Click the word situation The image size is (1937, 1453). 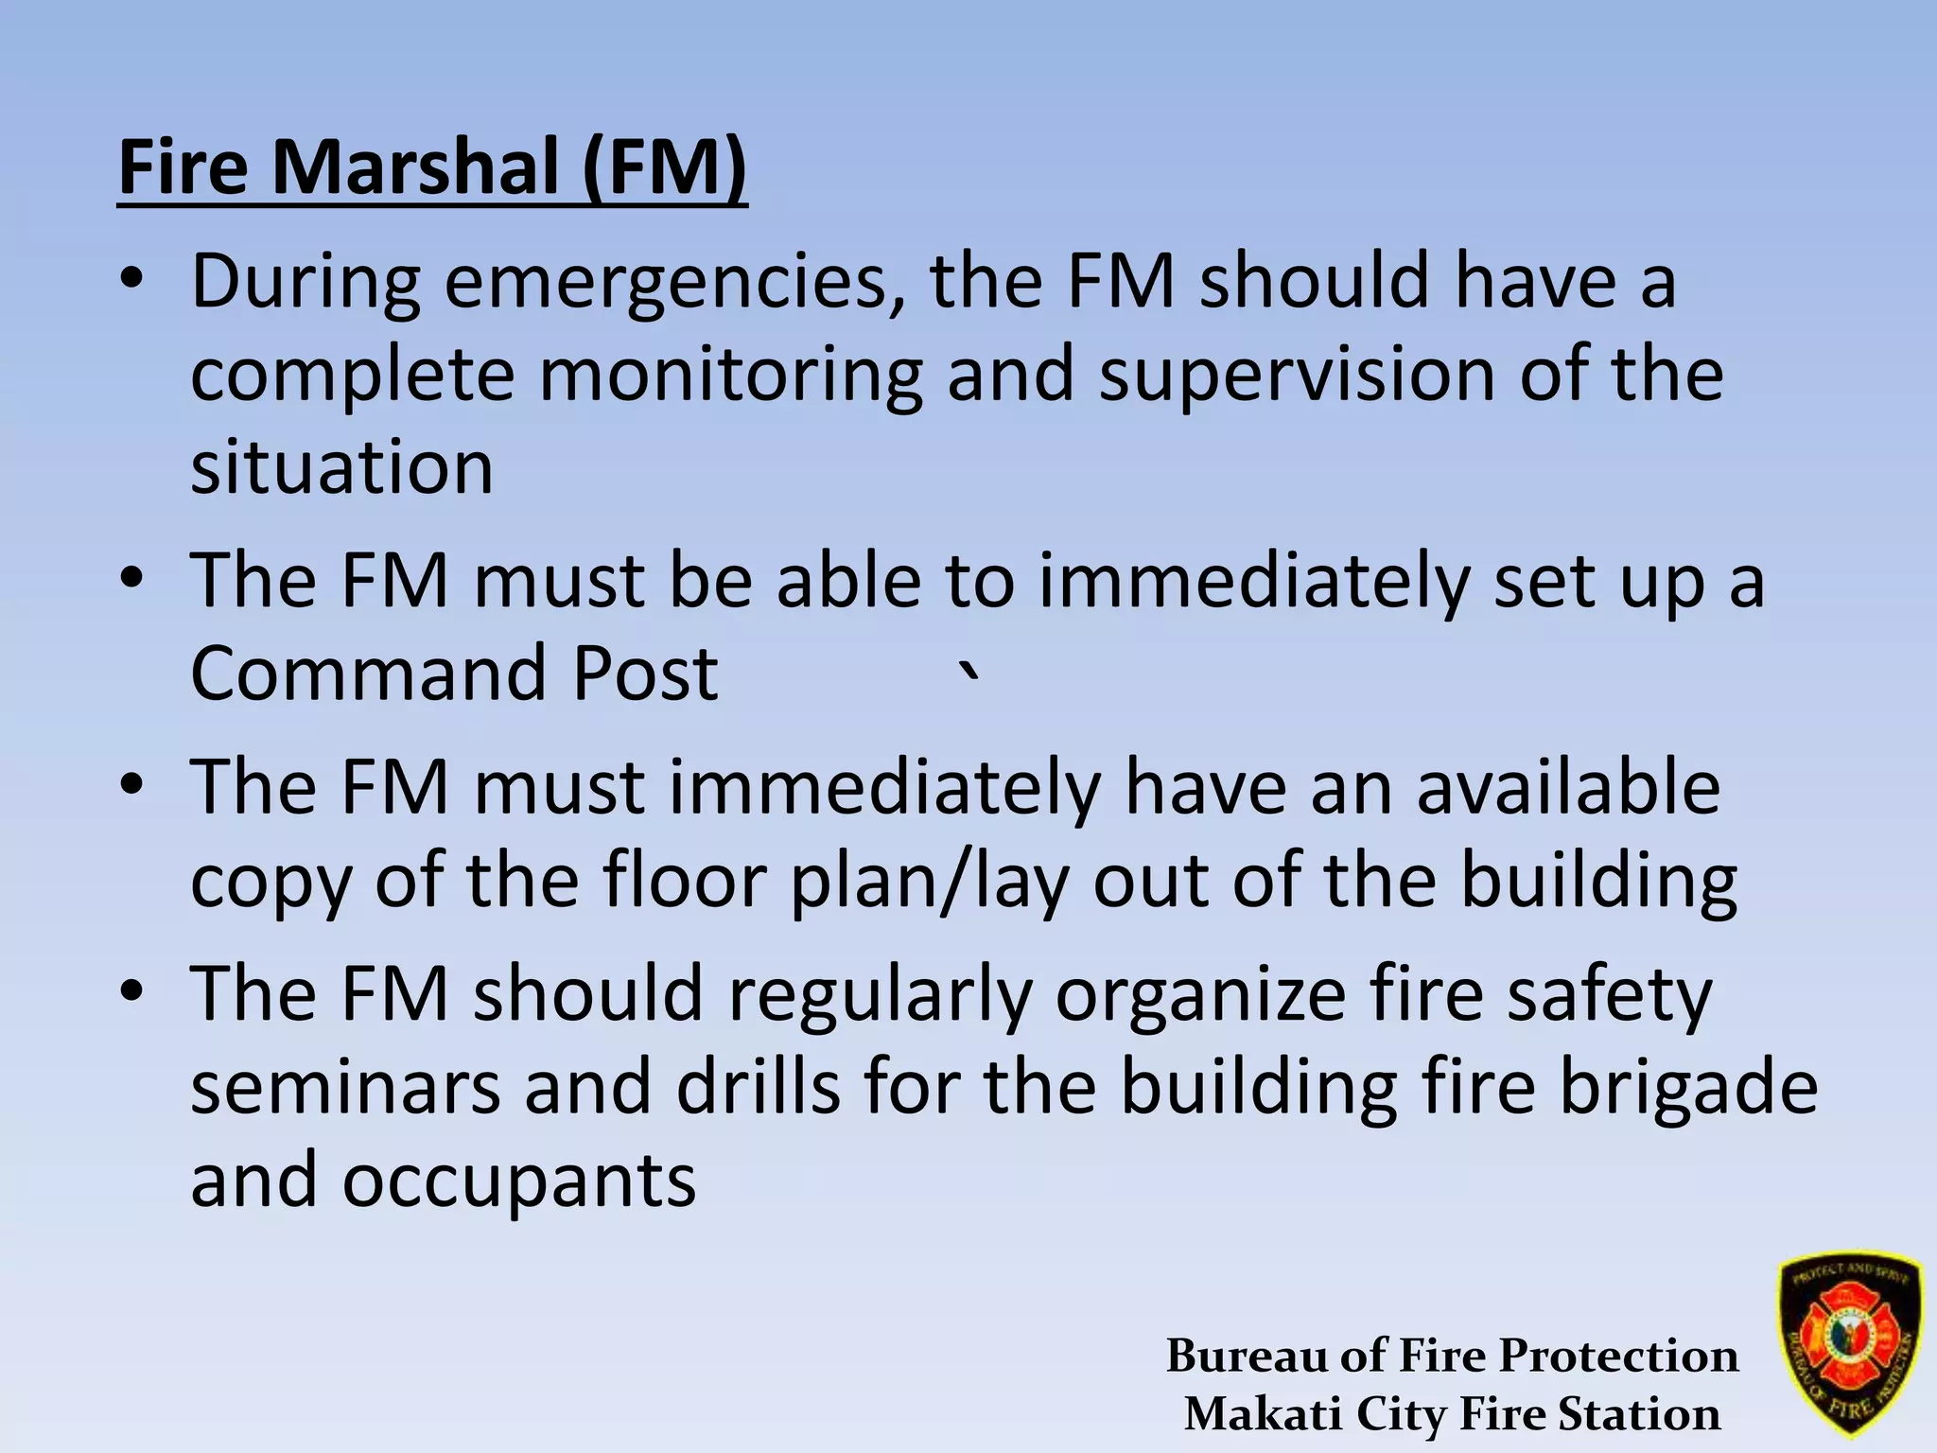341,467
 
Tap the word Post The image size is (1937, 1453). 645,673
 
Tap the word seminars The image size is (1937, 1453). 345,1087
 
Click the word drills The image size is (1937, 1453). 758,1087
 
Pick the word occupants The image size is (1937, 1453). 519,1181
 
